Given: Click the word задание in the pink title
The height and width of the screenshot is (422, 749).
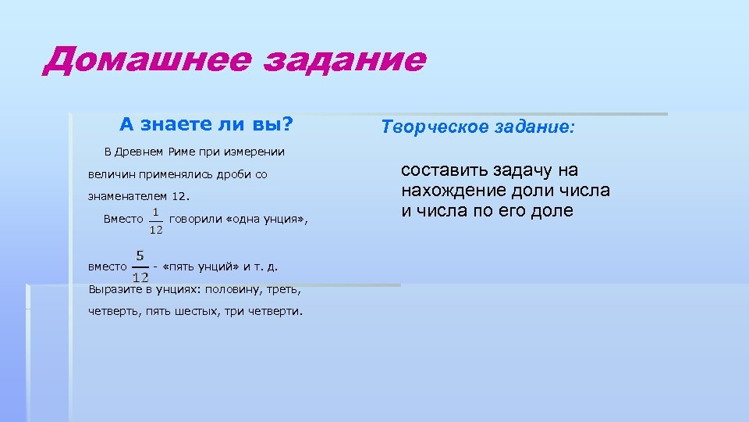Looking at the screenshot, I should tap(345, 60).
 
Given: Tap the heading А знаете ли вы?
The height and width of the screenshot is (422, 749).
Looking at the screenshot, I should tap(206, 124).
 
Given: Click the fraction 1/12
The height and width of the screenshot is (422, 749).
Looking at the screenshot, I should tap(156, 220).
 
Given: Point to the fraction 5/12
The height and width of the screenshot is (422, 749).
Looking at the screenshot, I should tap(140, 266).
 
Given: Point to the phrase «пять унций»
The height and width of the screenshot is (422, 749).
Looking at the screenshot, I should tap(202, 266).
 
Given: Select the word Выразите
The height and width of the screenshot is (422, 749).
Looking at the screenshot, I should tap(115, 289).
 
